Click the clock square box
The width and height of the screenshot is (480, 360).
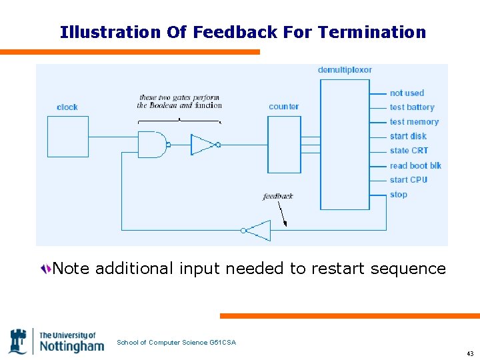click(68, 137)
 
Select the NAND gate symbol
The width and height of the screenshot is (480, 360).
click(152, 145)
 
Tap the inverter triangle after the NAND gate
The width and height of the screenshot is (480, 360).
click(203, 145)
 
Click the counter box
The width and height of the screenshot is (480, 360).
click(284, 145)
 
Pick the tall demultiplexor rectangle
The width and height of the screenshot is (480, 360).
click(345, 144)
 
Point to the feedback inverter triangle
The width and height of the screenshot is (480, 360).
click(259, 231)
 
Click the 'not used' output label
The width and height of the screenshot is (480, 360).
click(407, 93)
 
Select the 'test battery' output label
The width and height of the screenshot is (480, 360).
click(412, 107)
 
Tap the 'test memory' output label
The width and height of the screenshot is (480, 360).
click(414, 122)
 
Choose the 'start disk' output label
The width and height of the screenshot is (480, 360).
click(408, 137)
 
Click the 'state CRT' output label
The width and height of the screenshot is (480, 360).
click(409, 151)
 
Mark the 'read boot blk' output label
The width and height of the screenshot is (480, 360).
click(415, 165)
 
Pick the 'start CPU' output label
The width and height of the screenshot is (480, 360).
click(408, 180)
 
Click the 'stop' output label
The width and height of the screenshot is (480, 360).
click(399, 195)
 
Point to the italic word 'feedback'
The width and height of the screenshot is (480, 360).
click(278, 196)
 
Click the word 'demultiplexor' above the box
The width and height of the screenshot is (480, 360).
click(345, 70)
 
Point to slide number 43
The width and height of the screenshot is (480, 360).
click(470, 353)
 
